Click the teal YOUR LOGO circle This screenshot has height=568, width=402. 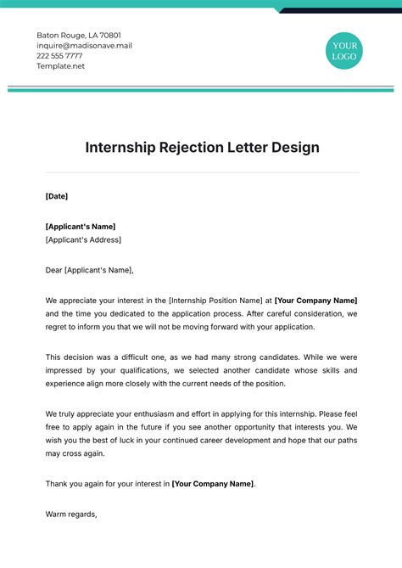tap(345, 50)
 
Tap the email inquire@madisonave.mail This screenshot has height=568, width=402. tap(84, 45)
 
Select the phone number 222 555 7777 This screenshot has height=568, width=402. tap(64, 55)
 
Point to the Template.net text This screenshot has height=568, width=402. tap(61, 65)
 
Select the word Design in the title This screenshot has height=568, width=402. tap(295, 147)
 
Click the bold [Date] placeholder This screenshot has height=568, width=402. tap(56, 196)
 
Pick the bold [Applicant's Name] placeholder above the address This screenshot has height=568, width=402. tap(80, 227)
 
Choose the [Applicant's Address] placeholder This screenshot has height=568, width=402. tap(83, 239)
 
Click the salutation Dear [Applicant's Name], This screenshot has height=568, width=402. tap(89, 270)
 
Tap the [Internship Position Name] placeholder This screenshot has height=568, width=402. tap(215, 301)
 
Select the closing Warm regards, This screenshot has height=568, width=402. tap(71, 514)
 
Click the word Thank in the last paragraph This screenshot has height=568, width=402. tap(56, 483)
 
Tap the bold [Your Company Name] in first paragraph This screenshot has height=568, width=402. tap(316, 301)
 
